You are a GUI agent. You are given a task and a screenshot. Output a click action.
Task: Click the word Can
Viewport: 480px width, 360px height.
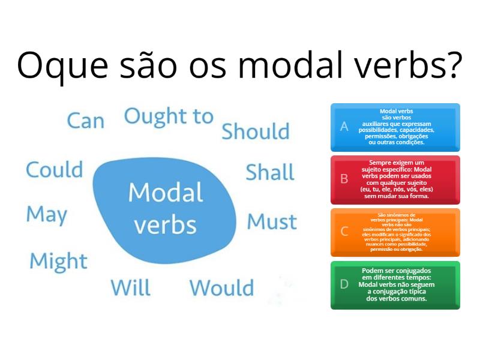coord(85,121)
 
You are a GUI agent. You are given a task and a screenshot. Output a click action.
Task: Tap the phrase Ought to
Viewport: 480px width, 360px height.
coord(169,116)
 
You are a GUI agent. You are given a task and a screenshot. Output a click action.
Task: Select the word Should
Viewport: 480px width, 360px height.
coord(256,131)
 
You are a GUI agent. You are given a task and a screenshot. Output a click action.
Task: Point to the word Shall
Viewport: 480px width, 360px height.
coord(270,172)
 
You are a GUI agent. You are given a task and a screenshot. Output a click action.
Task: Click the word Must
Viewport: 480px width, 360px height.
coord(272,221)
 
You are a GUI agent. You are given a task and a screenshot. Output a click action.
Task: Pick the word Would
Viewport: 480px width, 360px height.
coord(222,288)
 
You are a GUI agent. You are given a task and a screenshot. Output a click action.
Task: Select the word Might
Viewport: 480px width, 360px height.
coord(58,261)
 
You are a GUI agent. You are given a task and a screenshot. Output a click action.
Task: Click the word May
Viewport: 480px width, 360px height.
coord(47,214)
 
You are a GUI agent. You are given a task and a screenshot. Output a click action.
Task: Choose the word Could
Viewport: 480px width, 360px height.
coord(54,170)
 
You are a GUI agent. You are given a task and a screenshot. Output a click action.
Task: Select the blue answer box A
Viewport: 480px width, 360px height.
coord(395,127)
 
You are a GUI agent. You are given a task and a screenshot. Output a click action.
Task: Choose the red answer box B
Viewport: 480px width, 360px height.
coord(395,179)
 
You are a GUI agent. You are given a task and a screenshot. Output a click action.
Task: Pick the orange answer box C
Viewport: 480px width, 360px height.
coord(395,232)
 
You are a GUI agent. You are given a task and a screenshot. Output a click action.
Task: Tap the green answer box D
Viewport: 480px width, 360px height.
coord(395,284)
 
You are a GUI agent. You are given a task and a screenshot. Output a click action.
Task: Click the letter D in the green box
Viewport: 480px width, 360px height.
coord(344,284)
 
